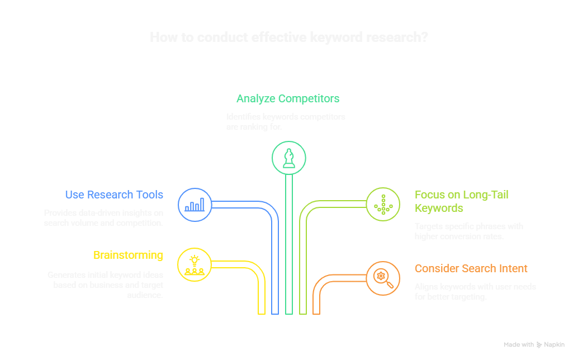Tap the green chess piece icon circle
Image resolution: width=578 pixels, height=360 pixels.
click(x=288, y=158)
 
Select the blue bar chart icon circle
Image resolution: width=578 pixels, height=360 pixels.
click(x=195, y=204)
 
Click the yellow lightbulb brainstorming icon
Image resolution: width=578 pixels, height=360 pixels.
click(x=194, y=264)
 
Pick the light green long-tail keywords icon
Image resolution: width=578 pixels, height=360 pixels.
click(x=383, y=204)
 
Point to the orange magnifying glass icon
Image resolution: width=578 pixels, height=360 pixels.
click(x=383, y=278)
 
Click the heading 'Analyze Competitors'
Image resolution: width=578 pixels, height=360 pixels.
click(x=288, y=99)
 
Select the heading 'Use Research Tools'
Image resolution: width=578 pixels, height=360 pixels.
click(x=114, y=195)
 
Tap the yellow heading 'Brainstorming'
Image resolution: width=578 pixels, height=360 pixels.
click(x=128, y=255)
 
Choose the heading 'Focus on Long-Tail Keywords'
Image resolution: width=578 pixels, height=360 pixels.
click(x=461, y=201)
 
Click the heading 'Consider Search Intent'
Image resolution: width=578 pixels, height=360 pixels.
click(x=471, y=269)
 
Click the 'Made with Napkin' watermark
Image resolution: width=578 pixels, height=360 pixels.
click(x=534, y=345)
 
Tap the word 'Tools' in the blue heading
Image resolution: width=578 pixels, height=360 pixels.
click(x=150, y=195)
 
